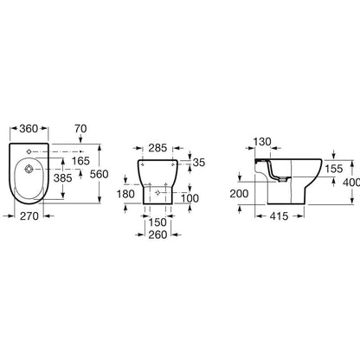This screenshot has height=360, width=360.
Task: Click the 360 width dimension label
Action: [x=29, y=129]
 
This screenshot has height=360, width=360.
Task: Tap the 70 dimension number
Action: [x=80, y=129]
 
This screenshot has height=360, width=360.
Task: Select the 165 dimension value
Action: [x=80, y=161]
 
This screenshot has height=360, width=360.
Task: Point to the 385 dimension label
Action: [x=62, y=178]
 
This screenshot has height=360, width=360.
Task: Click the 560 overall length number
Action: [x=99, y=174]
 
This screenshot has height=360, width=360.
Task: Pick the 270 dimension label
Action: [x=29, y=215]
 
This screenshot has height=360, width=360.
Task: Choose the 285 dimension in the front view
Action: [x=157, y=148]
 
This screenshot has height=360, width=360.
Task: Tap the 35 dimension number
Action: [x=199, y=163]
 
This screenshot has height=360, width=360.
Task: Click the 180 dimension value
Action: [x=125, y=194]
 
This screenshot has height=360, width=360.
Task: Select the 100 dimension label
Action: [x=190, y=198]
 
